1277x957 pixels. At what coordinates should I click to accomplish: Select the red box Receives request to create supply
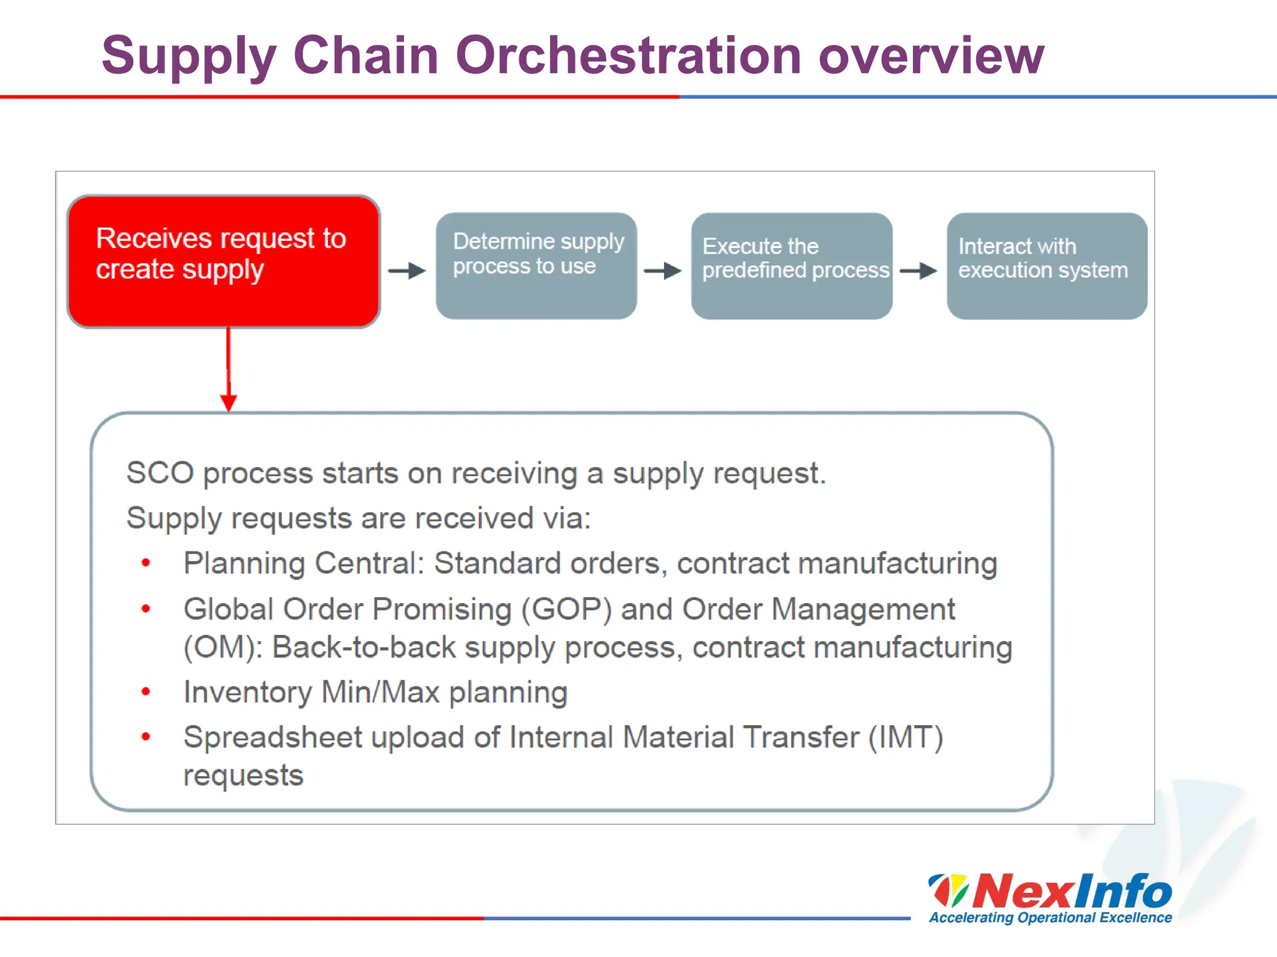223,262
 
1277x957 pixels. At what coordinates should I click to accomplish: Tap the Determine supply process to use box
536,267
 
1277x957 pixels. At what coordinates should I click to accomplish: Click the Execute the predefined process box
791,267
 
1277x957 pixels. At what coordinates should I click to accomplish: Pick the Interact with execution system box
1047,267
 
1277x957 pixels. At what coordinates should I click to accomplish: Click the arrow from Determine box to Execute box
662,270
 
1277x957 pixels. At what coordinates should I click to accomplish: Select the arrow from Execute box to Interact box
918,270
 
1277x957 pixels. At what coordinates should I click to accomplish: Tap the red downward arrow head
228,402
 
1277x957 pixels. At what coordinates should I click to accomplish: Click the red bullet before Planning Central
146,563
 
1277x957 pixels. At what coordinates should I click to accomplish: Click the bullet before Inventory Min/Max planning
146,692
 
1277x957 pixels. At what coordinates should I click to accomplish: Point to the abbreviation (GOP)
566,609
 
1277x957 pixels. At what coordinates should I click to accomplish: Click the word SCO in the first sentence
160,473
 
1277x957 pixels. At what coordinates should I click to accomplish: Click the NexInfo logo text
1072,891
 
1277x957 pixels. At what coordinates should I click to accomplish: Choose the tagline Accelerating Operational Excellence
1050,918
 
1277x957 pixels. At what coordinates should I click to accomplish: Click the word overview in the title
930,56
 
